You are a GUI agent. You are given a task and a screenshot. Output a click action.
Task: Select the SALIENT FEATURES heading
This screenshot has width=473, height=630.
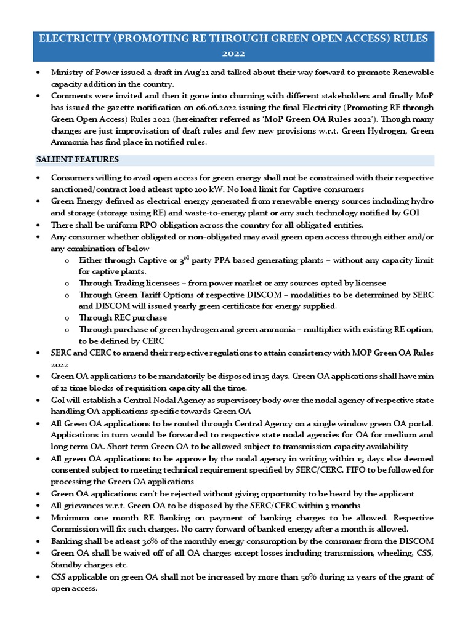77,160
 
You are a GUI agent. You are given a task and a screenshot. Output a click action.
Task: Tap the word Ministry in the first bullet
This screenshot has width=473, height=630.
70,73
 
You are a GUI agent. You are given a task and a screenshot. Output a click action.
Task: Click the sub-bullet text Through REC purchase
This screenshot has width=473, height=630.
123,318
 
